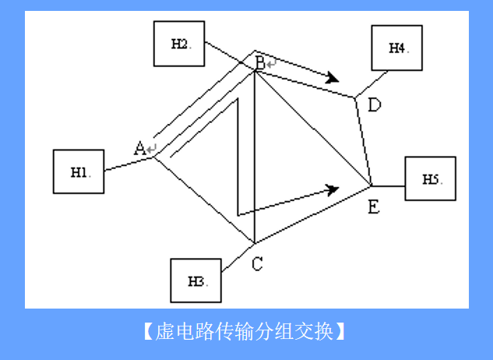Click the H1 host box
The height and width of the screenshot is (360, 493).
79,172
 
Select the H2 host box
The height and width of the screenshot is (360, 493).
179,43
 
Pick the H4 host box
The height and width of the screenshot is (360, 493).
397,48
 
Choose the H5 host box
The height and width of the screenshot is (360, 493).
430,178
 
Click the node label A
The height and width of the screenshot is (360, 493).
140,147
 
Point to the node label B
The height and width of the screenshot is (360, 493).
259,62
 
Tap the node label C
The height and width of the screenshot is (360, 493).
257,264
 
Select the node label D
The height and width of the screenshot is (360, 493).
374,104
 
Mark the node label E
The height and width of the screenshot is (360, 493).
374,206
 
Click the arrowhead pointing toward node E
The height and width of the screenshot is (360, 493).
333,189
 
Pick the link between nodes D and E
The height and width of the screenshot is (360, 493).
364,142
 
